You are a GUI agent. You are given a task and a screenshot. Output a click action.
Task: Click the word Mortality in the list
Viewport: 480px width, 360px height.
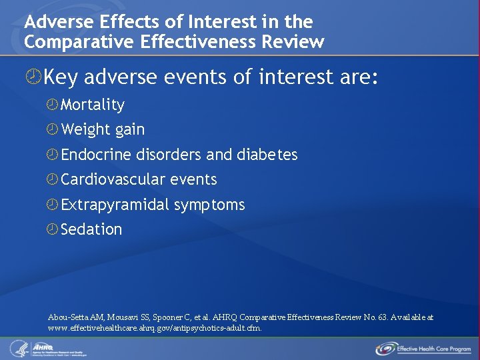92,105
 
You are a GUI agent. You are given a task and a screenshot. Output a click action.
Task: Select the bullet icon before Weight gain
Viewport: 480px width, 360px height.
53,129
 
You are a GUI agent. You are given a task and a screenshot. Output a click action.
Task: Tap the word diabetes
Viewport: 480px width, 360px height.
267,155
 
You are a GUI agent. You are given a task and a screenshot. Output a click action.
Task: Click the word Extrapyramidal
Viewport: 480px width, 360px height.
115,205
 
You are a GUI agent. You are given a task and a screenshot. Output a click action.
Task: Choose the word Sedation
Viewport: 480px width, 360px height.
91,229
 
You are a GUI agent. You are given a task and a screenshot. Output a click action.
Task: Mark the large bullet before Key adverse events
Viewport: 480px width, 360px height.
33,78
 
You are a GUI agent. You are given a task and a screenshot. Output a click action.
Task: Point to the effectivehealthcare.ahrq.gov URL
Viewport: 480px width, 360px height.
155,328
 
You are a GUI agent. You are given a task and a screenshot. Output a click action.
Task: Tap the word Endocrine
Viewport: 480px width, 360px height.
97,155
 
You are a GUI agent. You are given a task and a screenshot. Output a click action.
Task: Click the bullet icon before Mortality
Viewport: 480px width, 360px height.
53,105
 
